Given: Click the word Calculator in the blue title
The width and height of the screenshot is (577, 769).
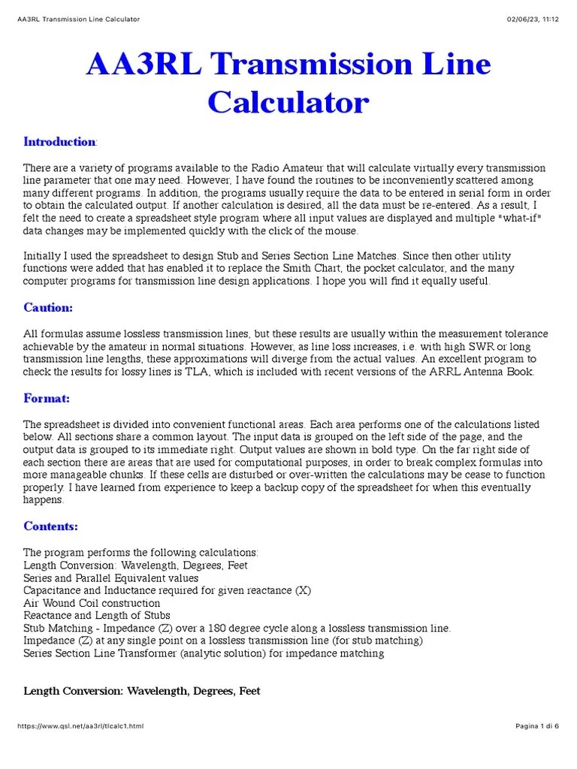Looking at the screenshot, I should pos(288,101).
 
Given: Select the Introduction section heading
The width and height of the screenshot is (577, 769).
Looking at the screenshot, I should pos(59,142).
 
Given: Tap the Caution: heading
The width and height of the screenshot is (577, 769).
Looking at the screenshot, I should pos(48,307).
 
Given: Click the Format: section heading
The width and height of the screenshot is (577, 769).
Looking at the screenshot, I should pos(47,398).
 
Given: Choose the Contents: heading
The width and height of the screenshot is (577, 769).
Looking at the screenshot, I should pos(50,526).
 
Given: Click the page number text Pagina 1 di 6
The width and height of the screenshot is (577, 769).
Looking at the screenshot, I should pos(537,726).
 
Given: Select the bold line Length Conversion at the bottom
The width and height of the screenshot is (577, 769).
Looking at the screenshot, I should pos(142,691).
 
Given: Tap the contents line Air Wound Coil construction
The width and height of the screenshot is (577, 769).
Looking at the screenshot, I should pos(92,603).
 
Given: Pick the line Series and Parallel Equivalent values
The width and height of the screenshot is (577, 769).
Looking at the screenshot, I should pos(111,578).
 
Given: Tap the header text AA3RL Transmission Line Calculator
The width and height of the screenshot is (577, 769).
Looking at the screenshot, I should pos(78,19).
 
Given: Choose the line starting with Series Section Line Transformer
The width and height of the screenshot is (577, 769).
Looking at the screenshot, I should pos(204,653).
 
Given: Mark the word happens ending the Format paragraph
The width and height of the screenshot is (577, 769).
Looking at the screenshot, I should pos(44,500).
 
